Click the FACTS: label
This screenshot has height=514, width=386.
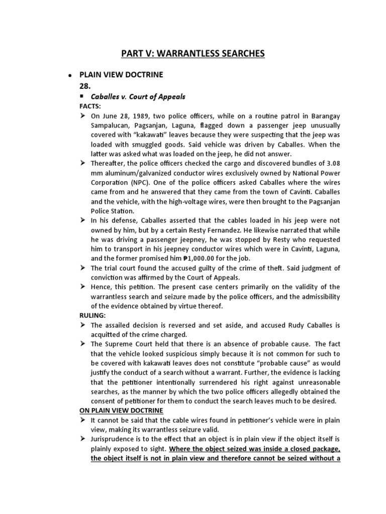90,107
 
